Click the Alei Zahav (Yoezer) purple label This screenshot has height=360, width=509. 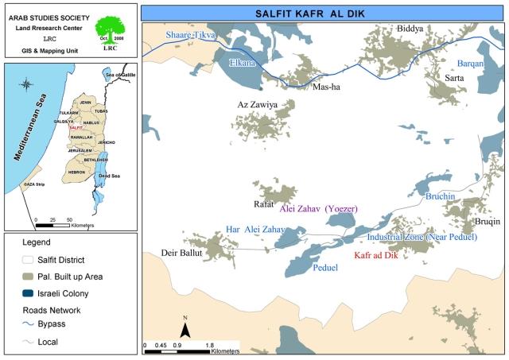point(317,208)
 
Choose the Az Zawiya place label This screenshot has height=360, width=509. point(257,105)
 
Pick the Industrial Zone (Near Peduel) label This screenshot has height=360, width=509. point(422,237)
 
